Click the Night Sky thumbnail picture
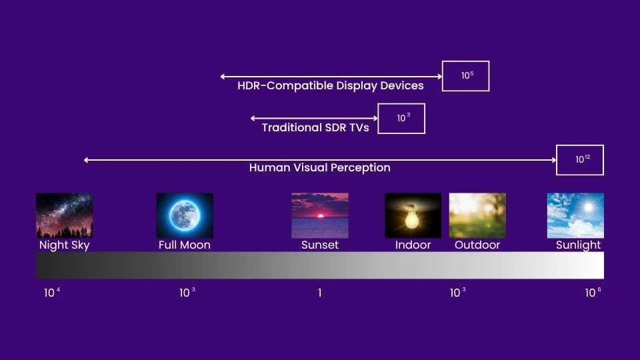[65, 215]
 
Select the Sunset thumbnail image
[320, 215]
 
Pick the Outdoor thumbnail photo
[477, 215]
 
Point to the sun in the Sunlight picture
[588, 207]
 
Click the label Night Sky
[65, 245]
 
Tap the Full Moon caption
[185, 245]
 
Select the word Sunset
[320, 245]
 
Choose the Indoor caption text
[413, 245]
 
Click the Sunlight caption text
[579, 245]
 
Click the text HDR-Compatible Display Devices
[331, 86]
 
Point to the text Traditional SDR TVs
[315, 128]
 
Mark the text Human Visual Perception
[320, 168]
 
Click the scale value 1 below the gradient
[319, 293]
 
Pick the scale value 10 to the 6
[593, 292]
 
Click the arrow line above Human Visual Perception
[320, 160]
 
